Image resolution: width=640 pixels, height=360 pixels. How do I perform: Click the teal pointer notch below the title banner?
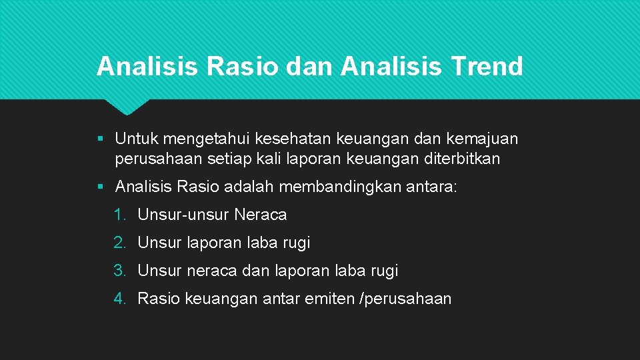[126, 107]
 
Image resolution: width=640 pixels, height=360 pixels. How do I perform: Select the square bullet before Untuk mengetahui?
[99, 139]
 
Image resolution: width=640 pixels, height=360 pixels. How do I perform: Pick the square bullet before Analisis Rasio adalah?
[99, 187]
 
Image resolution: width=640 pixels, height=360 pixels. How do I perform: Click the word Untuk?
[137, 139]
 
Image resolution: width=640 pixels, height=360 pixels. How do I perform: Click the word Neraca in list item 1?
[261, 215]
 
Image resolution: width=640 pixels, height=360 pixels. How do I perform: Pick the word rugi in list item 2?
[297, 243]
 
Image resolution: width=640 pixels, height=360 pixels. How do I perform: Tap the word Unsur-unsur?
[183, 215]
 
